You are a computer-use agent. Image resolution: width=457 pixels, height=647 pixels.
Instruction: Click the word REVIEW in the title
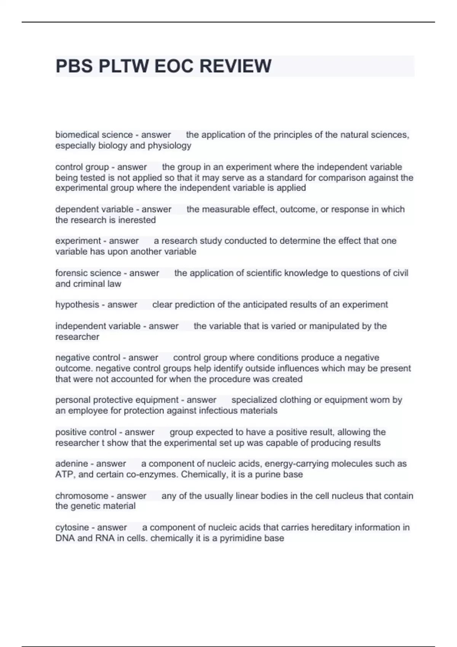pos(235,66)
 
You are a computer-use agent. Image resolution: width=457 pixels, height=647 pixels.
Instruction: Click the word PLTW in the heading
pos(123,66)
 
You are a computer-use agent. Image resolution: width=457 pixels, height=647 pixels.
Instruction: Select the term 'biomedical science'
pos(94,135)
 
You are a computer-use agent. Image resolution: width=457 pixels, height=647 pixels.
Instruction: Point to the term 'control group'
pos(82,167)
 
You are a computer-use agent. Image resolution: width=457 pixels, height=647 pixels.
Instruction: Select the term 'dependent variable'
pos(94,209)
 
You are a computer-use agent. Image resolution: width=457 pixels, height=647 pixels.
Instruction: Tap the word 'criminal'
pos(89,284)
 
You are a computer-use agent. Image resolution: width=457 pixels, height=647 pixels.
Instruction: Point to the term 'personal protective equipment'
pos(117,400)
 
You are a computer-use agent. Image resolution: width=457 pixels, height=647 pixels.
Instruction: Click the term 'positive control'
pos(85,432)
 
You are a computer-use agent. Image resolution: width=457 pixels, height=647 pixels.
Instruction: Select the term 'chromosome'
pos(81,496)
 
